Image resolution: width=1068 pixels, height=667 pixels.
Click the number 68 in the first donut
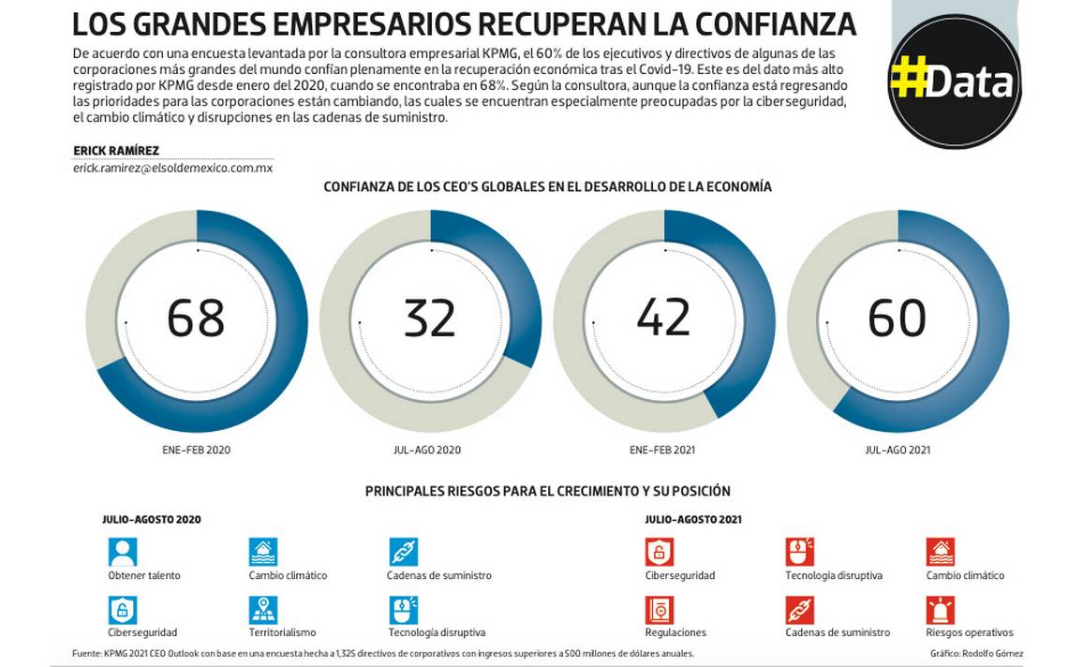tap(196, 318)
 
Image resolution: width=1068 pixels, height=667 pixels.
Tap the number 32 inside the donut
tap(430, 318)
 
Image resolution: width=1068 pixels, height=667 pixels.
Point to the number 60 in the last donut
tap(897, 318)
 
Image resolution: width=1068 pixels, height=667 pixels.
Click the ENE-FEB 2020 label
tap(196, 450)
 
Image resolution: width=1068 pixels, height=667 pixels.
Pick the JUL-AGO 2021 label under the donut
tap(897, 450)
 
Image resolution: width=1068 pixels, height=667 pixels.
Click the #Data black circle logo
tap(953, 82)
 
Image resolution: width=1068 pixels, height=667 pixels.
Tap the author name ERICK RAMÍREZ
tap(116, 151)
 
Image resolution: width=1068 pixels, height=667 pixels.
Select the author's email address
tap(172, 169)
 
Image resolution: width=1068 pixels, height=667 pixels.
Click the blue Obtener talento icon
tap(123, 552)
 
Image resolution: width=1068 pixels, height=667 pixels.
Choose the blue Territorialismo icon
tap(263, 611)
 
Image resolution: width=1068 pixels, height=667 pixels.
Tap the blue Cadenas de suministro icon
tap(404, 552)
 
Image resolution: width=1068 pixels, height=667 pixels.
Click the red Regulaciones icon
tap(660, 611)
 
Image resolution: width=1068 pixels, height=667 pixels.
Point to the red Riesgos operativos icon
tap(941, 611)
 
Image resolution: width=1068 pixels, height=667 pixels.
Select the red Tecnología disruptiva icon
tap(800, 552)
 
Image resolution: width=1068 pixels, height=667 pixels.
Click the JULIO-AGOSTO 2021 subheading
tap(693, 519)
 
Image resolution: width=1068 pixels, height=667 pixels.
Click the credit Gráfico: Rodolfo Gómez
tap(976, 653)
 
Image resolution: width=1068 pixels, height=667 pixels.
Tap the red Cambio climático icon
tap(941, 552)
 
